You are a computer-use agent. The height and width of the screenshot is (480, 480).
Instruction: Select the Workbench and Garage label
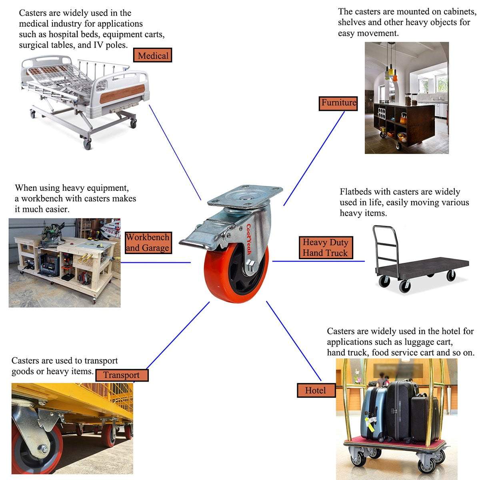(x=148, y=242)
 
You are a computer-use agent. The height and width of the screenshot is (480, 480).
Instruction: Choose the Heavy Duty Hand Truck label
(x=325, y=248)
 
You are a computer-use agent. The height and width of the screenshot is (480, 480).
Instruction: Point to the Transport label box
(x=121, y=375)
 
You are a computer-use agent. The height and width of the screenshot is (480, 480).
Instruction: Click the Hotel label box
(x=316, y=390)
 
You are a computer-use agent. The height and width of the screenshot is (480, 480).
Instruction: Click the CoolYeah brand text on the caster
(x=249, y=239)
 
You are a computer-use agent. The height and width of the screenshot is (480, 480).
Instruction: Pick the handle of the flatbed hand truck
(x=385, y=244)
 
